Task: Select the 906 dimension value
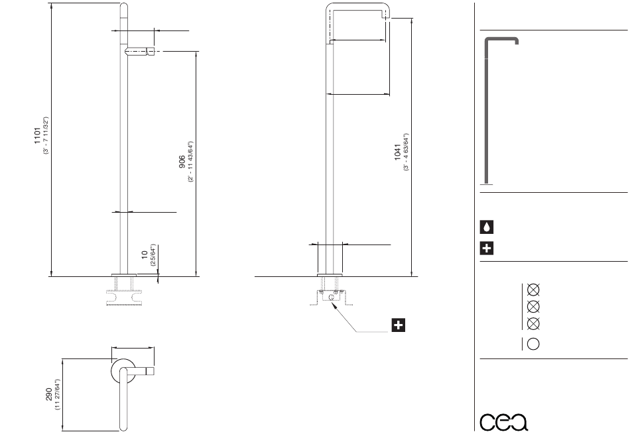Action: coord(182,162)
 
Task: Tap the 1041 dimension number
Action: coord(397,152)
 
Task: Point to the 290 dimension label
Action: coord(49,394)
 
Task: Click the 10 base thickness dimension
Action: coord(145,254)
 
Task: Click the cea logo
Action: coord(504,421)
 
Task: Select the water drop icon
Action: coord(487,227)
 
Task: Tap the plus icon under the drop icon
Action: coord(487,248)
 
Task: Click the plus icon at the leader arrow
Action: coord(398,325)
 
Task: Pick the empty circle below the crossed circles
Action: coord(533,344)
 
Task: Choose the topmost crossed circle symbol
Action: coord(533,290)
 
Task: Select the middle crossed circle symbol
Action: coord(533,307)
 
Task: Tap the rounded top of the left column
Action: coord(124,6)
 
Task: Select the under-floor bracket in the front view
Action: coord(331,297)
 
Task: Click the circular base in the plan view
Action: coord(123,371)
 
